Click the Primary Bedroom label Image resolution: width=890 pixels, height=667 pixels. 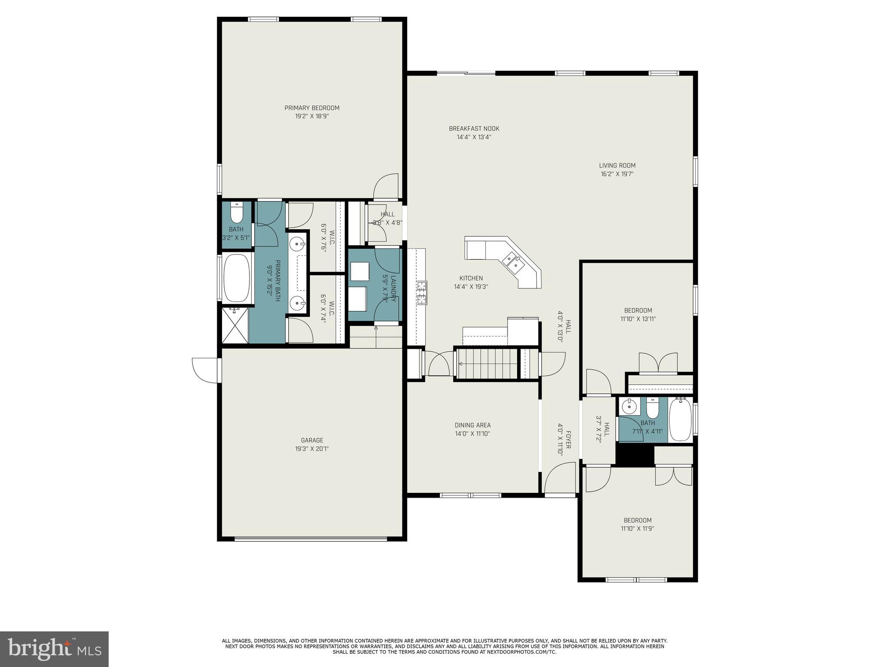point(312,108)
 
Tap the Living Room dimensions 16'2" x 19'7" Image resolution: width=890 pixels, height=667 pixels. point(617,174)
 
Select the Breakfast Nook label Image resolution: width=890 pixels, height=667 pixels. point(474,129)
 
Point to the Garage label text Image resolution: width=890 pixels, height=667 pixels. point(312,440)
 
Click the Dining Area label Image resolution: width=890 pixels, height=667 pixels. point(472,425)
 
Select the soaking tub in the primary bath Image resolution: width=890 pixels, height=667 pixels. point(236,278)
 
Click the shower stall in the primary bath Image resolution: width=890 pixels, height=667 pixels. point(235,325)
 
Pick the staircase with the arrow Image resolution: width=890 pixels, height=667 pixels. point(487,364)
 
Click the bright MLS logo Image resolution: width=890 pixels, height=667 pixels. point(54,649)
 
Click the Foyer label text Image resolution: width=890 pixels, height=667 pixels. point(568,439)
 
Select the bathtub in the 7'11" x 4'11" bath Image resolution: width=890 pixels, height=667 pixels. point(680,420)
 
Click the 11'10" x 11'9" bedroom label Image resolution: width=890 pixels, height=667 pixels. point(638,520)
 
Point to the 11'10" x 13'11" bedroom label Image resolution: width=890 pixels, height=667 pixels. point(638,310)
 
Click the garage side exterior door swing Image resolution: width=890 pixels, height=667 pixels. point(206,370)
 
